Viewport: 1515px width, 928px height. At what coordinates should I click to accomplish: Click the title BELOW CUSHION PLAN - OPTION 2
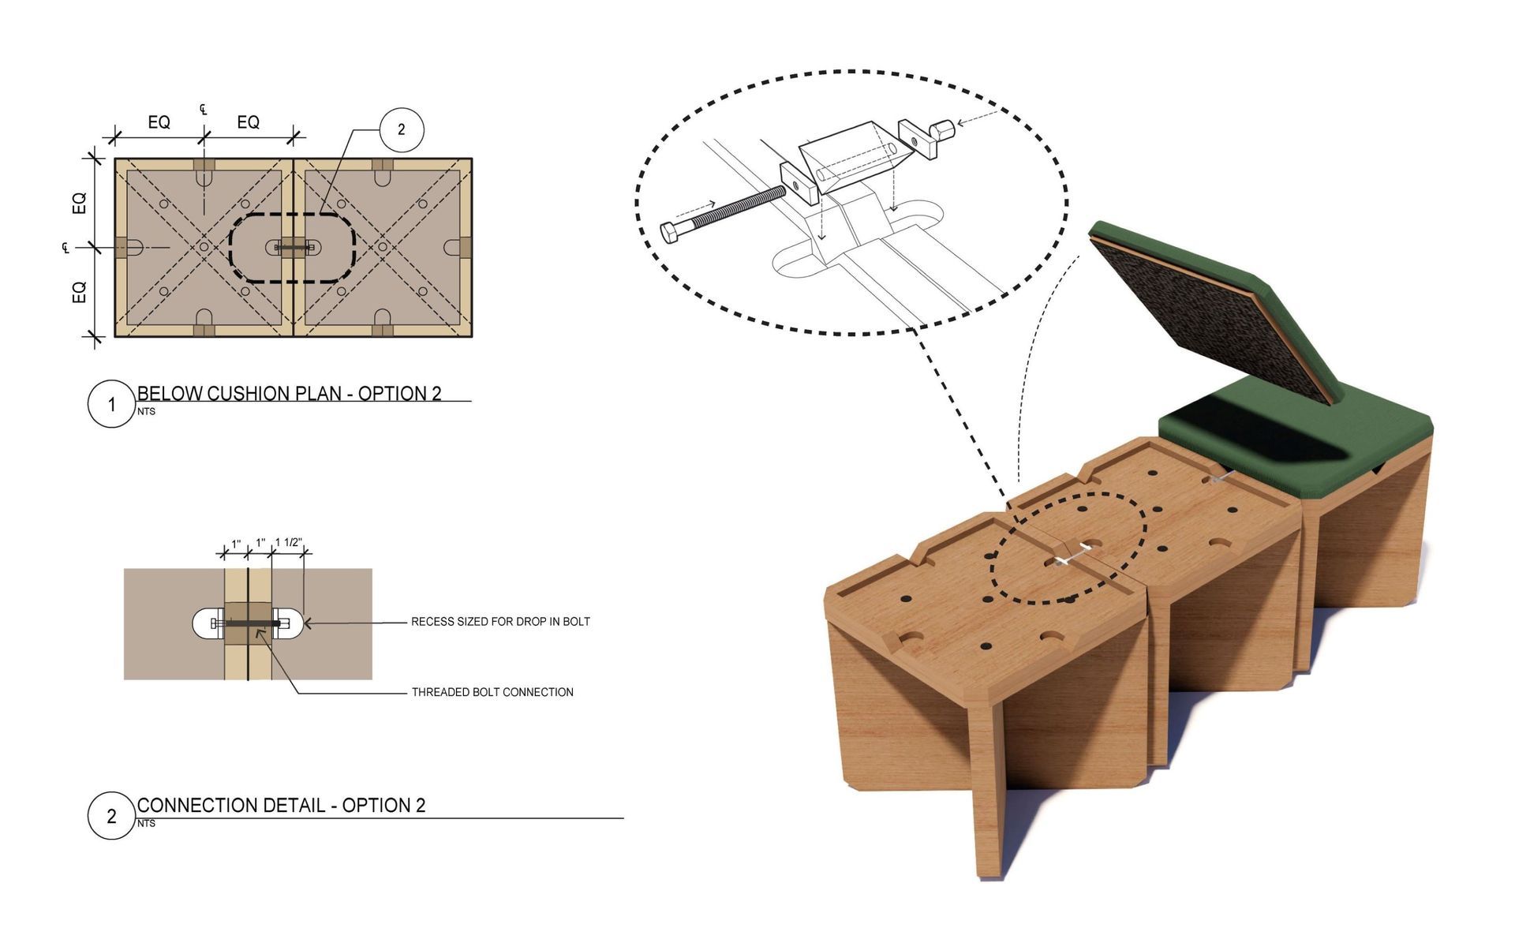(289, 393)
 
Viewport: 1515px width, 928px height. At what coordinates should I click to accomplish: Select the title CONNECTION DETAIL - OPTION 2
(281, 805)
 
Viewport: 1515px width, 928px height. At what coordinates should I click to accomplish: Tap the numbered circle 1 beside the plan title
(111, 404)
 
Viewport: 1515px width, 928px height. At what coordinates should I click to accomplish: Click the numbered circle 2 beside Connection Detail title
(111, 815)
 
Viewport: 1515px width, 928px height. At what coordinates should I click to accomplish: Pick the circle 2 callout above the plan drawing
(402, 129)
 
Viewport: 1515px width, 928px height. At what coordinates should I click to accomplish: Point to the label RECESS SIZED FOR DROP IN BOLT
(500, 622)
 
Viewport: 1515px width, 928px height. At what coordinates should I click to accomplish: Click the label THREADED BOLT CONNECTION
(492, 692)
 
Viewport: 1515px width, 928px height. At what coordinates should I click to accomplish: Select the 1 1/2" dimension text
(288, 543)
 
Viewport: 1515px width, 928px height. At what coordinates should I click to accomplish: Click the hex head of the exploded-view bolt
(670, 232)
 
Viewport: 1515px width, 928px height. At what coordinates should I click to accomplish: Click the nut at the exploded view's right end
(942, 129)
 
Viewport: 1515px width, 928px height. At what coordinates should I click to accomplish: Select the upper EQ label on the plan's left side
(79, 203)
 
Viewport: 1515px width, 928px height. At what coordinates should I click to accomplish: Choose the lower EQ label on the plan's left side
(79, 292)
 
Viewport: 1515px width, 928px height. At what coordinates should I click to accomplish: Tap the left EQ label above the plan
(159, 122)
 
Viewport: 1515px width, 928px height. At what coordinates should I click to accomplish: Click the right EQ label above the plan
(249, 122)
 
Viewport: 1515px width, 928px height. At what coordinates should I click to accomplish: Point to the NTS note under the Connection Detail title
(146, 823)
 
